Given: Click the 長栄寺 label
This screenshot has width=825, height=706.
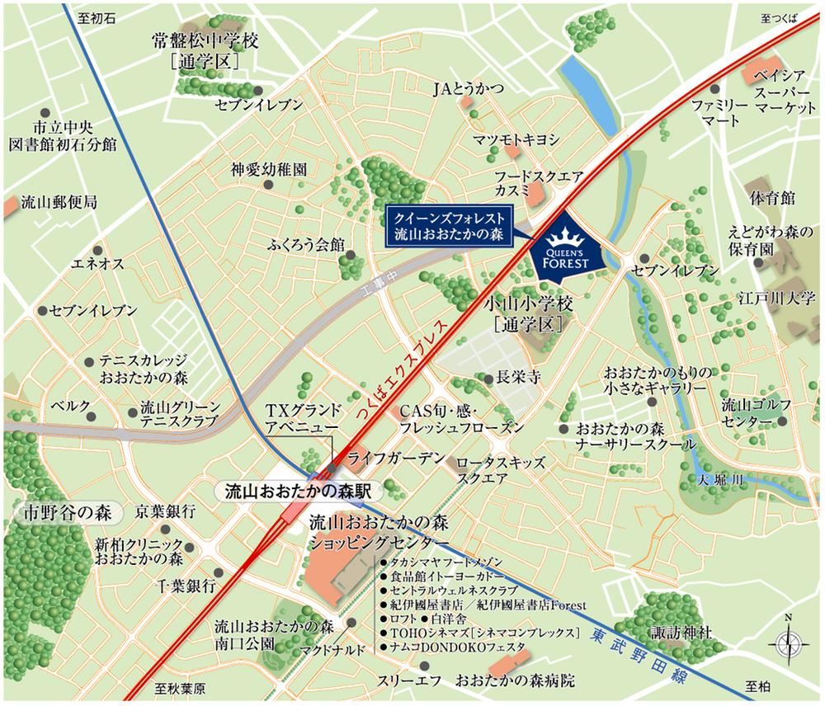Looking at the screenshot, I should coord(516,379).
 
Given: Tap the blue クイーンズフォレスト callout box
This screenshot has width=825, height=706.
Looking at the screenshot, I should coord(450,224).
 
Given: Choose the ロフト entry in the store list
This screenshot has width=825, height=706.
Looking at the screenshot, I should coord(403,618).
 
